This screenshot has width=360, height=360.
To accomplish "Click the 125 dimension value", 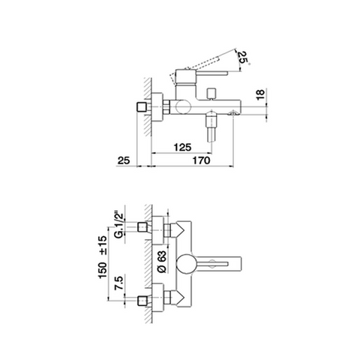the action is click(x=182, y=147).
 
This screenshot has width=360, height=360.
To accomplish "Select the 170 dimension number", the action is click(x=201, y=160).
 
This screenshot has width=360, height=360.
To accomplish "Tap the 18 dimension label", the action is click(x=260, y=94).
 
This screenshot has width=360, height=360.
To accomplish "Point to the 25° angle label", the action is click(x=243, y=58).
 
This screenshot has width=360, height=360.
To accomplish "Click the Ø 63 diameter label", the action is click(x=162, y=262).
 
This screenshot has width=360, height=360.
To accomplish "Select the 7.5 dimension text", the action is click(x=119, y=283).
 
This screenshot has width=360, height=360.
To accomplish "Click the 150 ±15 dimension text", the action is click(x=103, y=257).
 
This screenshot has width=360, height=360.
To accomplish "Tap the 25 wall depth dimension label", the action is click(x=124, y=160).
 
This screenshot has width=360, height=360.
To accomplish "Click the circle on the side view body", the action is click(x=183, y=107).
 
